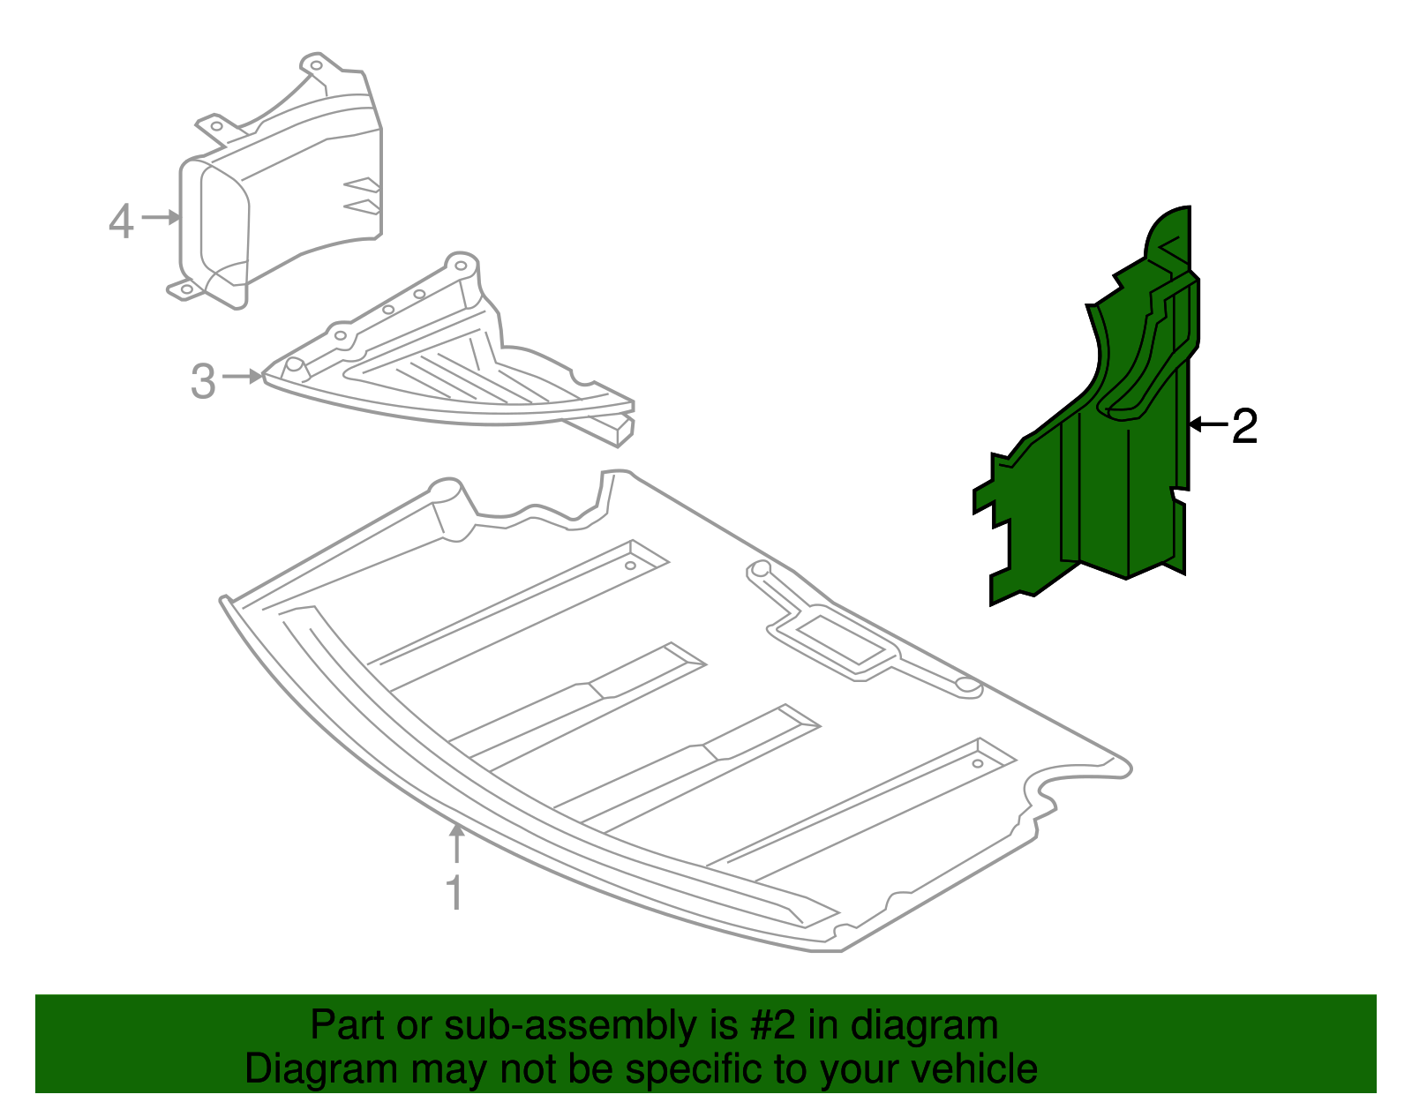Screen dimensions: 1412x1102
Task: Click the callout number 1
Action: click(454, 893)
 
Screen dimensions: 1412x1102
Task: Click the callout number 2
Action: click(1244, 426)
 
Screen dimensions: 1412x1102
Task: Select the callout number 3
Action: click(203, 381)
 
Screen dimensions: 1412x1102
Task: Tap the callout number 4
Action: click(122, 221)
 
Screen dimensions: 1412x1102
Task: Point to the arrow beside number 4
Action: click(161, 217)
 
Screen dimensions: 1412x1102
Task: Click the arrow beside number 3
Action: click(243, 377)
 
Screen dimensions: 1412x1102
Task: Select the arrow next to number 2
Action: click(1208, 424)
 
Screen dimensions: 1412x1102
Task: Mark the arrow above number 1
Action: click(457, 843)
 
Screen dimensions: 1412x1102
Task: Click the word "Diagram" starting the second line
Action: click(321, 1069)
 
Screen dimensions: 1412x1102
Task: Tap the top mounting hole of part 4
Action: click(316, 65)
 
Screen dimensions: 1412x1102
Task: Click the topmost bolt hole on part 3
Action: click(461, 266)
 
